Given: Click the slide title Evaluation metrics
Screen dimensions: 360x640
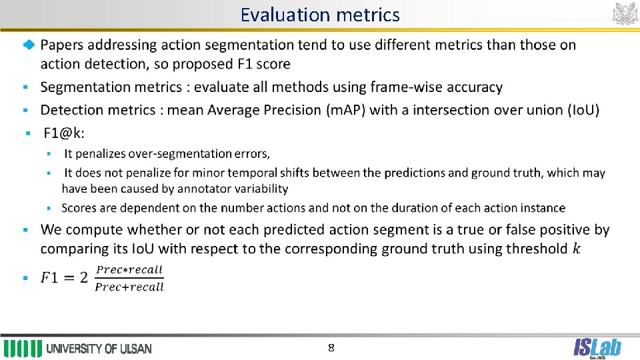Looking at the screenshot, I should (x=320, y=15).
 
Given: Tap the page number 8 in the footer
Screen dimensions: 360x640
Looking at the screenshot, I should (x=331, y=348).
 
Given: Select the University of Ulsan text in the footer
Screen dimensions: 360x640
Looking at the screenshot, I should (x=99, y=349).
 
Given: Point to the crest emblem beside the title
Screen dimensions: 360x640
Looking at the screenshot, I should (x=625, y=13).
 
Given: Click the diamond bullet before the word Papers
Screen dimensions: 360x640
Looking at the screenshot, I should (x=27, y=45).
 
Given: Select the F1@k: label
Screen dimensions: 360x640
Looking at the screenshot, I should (x=64, y=133).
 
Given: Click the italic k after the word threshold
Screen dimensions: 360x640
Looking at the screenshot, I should (x=576, y=249).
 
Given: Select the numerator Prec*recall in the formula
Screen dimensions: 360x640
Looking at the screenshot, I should (x=129, y=270).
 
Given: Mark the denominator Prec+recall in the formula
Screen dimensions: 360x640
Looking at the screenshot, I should (x=129, y=287).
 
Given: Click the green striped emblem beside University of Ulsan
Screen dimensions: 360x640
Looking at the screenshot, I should (x=23, y=349).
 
